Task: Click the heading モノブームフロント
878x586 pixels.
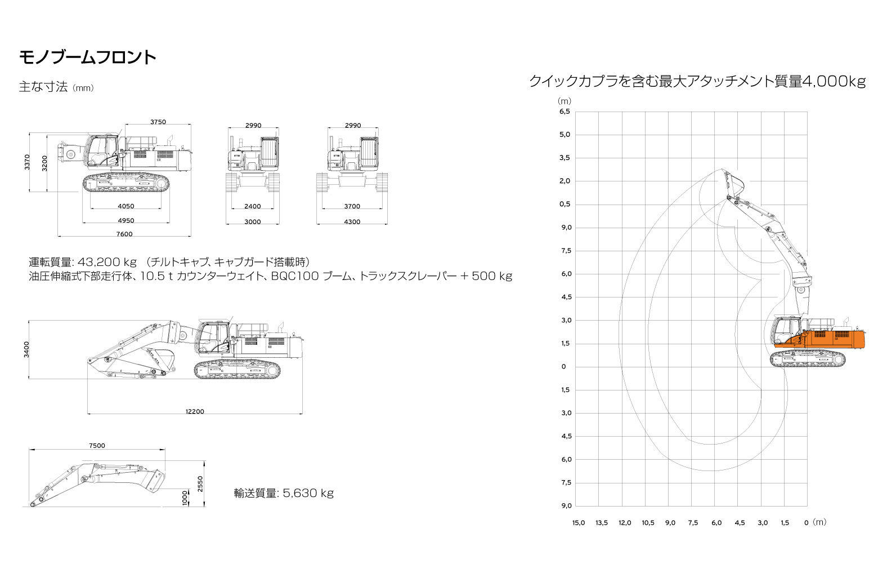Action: [x=88, y=57]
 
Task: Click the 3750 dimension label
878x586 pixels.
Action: [x=158, y=122]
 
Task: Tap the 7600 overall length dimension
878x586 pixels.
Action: [x=124, y=234]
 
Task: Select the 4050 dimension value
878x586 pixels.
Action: [x=126, y=206]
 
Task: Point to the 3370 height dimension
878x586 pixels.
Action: [x=27, y=162]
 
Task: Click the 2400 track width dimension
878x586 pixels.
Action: [x=252, y=206]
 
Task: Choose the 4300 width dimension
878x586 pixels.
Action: [x=352, y=222]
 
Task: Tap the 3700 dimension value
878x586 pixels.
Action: [x=352, y=206]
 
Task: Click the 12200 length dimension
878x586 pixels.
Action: [x=195, y=411]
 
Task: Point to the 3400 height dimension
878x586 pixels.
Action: [x=26, y=349]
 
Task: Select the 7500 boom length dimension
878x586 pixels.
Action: [x=97, y=446]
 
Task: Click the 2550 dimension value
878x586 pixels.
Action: [x=200, y=484]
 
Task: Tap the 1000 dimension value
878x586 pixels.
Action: [x=185, y=498]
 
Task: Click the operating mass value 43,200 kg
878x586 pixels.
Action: [x=107, y=262]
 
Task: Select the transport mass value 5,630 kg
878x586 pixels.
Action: [x=308, y=493]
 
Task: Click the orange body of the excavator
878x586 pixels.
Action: [x=827, y=340]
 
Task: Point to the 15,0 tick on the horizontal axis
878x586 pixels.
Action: [x=579, y=523]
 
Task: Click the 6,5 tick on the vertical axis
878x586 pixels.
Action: [x=565, y=112]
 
